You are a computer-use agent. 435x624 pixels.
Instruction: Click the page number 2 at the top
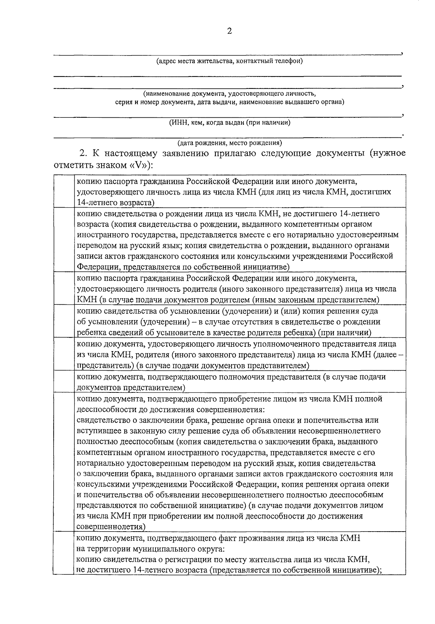(229, 32)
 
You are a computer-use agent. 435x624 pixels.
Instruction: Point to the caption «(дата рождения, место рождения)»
(229, 143)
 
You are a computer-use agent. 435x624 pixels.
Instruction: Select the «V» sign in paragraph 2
(138, 165)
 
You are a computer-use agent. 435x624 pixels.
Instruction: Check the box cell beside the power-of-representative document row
(64, 382)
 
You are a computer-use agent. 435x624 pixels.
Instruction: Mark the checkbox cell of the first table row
(64, 191)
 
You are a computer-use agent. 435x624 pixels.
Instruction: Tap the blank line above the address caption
(227, 55)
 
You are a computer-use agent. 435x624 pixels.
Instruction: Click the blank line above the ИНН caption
(227, 117)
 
